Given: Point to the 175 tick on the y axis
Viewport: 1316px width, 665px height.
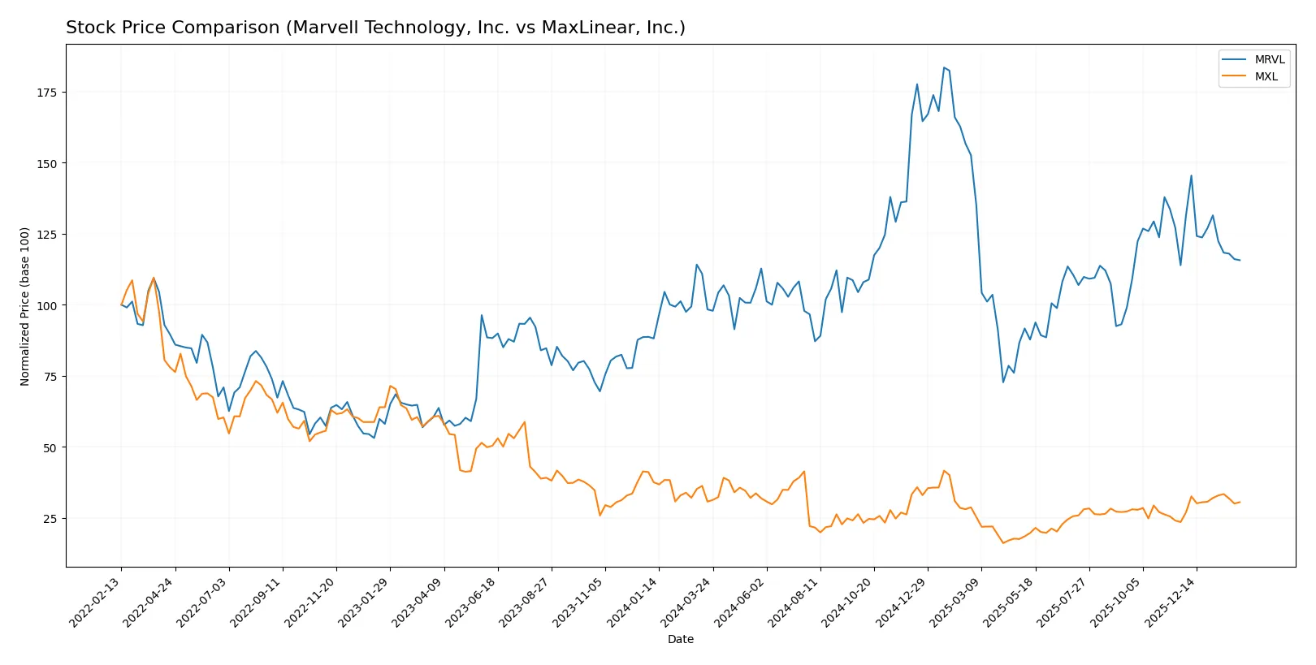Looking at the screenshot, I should pos(46,93).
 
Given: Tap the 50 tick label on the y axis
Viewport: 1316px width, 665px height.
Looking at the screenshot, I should pos(50,447).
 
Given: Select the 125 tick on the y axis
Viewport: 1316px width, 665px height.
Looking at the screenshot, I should pos(46,235).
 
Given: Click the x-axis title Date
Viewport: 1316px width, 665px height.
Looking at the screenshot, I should pos(680,639).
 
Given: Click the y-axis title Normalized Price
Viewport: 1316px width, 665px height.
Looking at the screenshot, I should pos(24,306).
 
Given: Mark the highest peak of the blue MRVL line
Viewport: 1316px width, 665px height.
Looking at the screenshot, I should pos(944,67).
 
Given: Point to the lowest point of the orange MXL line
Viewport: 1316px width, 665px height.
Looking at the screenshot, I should pos(1003,542).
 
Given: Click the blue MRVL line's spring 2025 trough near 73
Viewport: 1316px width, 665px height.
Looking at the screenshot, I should pos(1003,382).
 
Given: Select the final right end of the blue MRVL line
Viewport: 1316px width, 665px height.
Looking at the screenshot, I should pos(1240,261).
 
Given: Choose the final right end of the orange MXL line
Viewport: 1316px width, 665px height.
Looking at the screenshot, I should pos(1240,502).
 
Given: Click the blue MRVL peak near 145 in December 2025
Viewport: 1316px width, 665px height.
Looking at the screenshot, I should pos(1192,175).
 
